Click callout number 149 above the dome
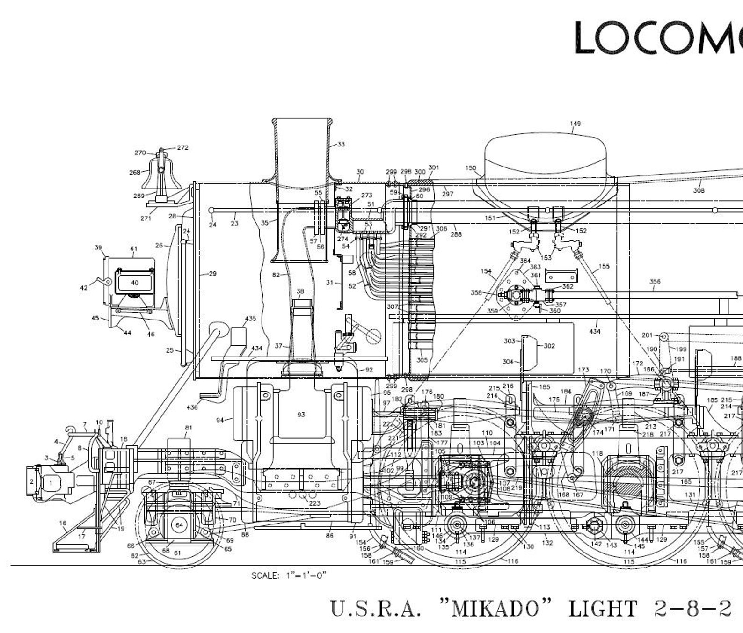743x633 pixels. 575,124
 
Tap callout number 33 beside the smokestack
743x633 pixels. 341,144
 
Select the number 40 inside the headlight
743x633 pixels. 135,283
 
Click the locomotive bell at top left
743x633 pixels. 161,175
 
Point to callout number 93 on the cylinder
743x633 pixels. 301,415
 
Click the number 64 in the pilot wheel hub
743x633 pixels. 180,525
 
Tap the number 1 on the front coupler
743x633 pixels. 51,482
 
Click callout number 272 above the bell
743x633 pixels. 182,147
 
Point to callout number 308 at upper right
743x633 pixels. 699,190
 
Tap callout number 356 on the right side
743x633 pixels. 655,282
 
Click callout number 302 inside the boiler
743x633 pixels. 549,346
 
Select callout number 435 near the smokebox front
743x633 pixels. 250,319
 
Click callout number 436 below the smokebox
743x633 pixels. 192,407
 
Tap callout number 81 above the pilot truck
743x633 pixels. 189,428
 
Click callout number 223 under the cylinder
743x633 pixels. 314,503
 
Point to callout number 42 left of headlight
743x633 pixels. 84,288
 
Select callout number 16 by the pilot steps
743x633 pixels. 63,523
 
